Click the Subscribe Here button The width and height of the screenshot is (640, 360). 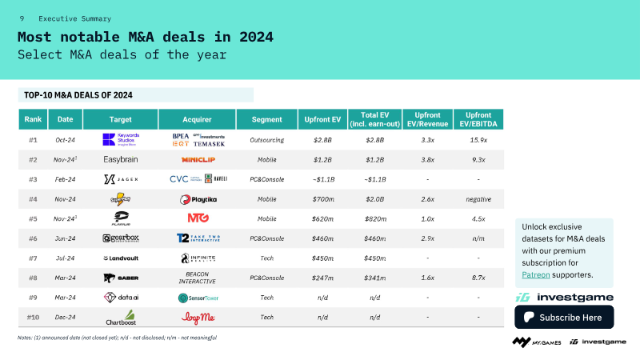tap(564, 317)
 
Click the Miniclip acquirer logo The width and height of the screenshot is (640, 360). tap(198, 159)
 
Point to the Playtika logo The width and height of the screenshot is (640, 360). tap(198, 199)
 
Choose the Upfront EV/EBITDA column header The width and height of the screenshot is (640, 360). tap(478, 119)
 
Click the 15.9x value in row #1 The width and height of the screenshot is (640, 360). tap(478, 139)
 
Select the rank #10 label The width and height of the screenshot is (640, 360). tap(34, 318)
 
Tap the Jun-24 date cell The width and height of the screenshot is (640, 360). tap(65, 238)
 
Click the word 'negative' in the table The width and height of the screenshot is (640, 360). tap(478, 199)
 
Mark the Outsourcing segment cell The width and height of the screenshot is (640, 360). tap(266, 139)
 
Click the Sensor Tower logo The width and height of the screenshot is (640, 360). tap(198, 298)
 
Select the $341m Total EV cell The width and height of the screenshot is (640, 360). tap(374, 278)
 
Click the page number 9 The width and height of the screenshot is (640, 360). tap(22, 18)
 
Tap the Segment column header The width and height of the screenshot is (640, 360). tap(266, 119)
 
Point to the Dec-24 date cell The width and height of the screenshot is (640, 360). tap(65, 318)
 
